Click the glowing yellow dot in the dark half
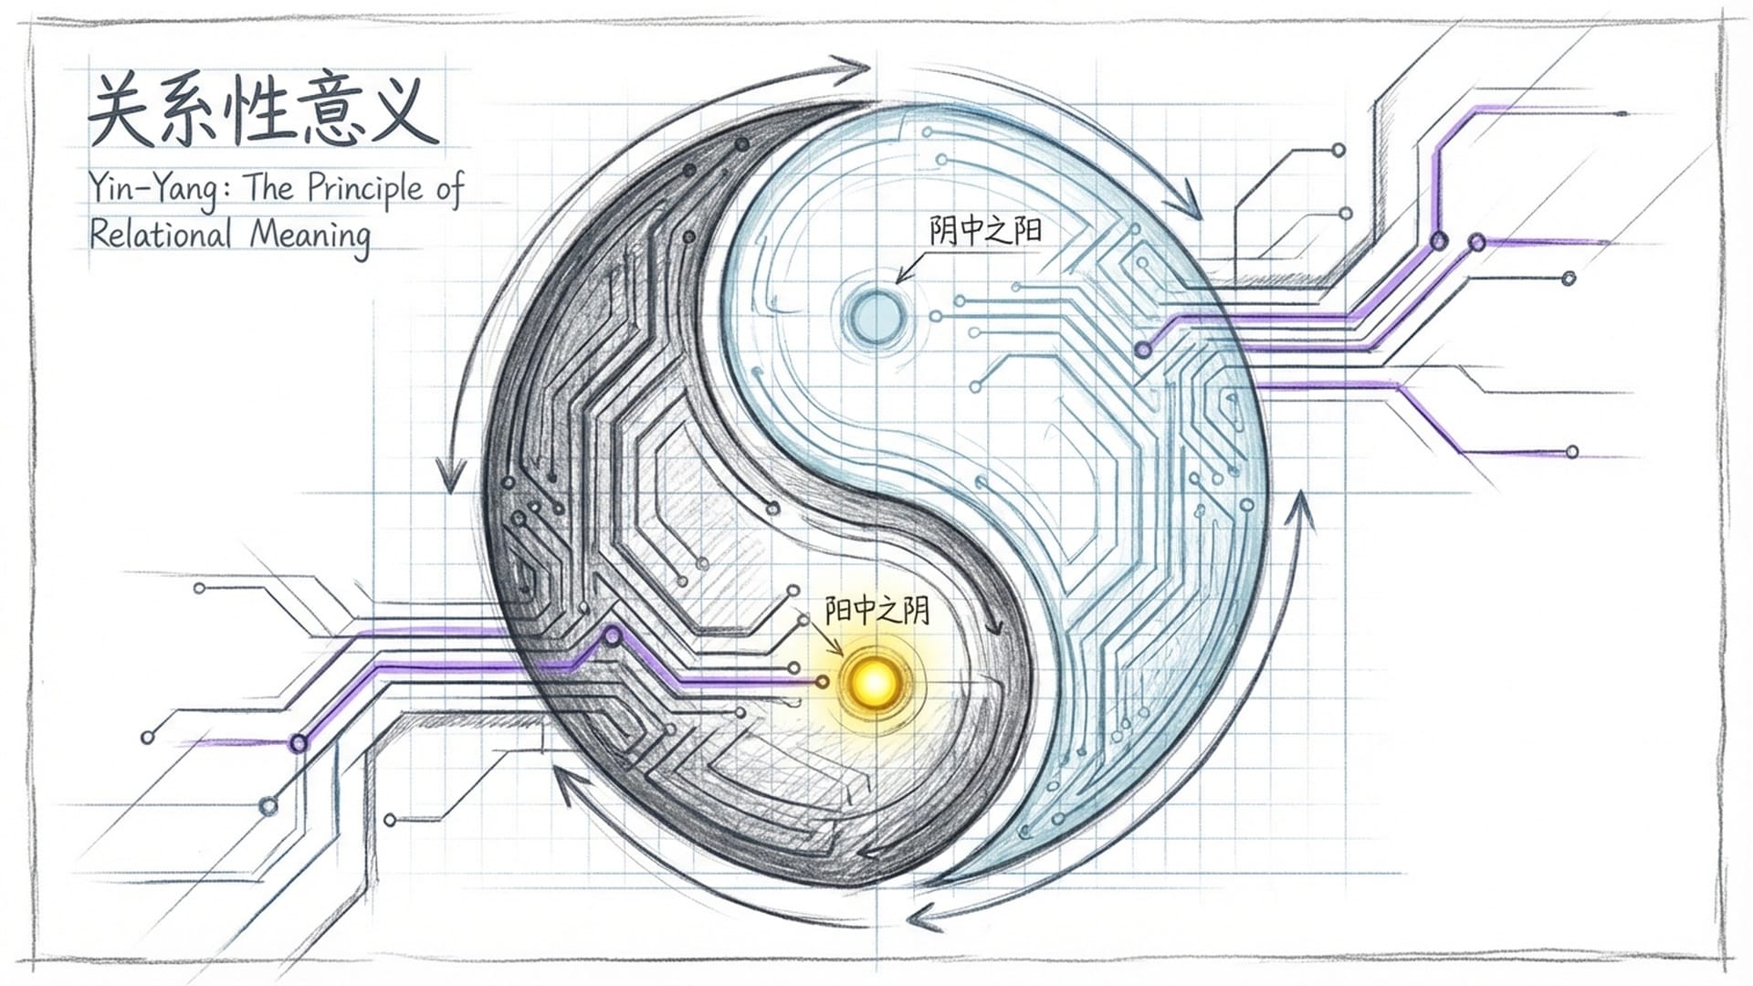(875, 681)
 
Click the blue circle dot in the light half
(875, 315)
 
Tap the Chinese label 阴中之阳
(985, 229)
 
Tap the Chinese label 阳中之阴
(876, 610)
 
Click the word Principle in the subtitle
(365, 189)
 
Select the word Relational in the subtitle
(161, 235)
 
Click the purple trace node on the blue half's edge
(1143, 350)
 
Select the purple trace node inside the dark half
(613, 635)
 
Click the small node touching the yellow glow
(823, 682)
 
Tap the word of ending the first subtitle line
(450, 189)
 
